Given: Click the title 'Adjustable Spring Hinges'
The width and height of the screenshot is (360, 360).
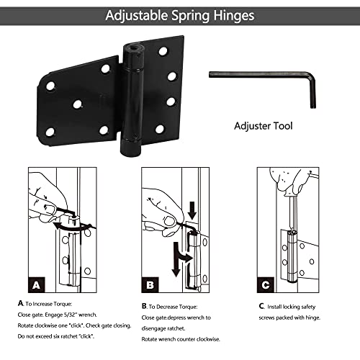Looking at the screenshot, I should [179, 14].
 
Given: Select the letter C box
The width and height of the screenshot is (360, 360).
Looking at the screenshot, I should [265, 285].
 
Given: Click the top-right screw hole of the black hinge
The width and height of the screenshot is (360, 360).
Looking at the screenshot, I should [163, 51].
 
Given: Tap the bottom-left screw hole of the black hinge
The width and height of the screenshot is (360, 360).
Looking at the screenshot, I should [50, 131].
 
